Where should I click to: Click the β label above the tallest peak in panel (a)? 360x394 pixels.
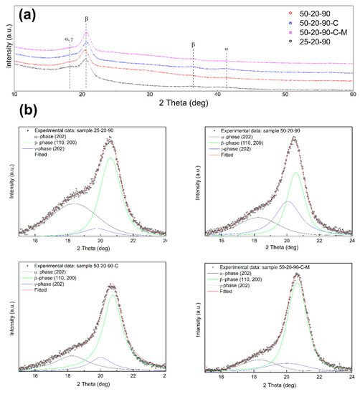[x=87, y=19]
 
